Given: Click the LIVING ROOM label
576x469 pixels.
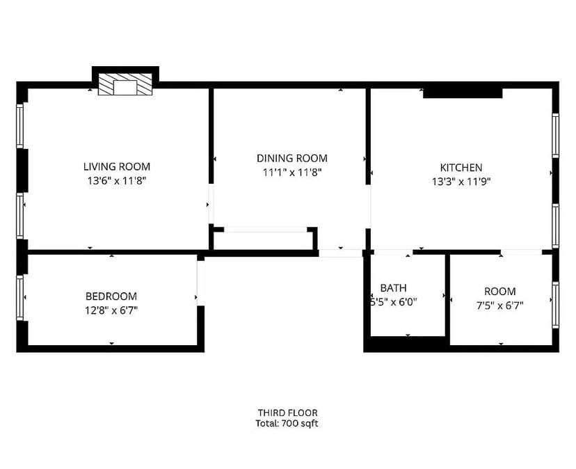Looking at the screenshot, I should (116, 166).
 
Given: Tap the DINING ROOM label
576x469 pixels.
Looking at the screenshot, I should (291, 158).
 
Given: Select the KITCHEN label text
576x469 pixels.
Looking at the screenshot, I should (461, 168).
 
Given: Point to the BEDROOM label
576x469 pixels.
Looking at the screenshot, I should (111, 296).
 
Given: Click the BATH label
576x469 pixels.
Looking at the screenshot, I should (393, 288).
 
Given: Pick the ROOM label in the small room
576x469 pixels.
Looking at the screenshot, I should (500, 292).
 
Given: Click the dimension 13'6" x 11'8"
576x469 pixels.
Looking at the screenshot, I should (116, 180).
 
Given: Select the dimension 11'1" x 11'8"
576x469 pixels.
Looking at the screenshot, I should (291, 171).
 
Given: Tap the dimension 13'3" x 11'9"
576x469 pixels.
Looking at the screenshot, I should (461, 181).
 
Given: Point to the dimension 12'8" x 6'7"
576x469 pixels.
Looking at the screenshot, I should (111, 310).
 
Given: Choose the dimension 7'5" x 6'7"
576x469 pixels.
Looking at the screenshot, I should (500, 305).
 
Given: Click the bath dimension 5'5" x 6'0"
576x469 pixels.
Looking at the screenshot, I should (394, 302).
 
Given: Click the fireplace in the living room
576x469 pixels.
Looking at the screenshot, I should (125, 85).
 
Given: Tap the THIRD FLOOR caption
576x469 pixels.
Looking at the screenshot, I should (287, 413).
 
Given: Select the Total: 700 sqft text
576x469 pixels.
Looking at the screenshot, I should (287, 423).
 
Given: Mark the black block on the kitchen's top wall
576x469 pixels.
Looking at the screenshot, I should (463, 91).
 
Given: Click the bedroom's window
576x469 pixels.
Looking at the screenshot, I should (20, 298).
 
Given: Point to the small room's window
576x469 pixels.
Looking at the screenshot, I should (555, 305).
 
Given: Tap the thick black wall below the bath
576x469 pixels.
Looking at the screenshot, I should (406, 342).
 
